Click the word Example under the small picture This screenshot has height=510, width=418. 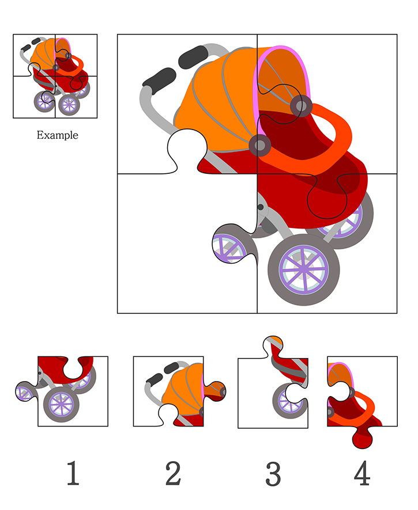(57, 135)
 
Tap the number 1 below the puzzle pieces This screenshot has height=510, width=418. (73, 473)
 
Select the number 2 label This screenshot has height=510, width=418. (173, 473)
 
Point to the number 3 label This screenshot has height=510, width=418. (273, 474)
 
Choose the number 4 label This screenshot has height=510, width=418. (362, 473)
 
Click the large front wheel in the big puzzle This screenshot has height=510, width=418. (304, 269)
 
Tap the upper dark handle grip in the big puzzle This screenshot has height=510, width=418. (194, 57)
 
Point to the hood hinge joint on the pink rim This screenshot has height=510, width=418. (301, 106)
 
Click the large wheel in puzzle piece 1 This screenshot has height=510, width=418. (61, 404)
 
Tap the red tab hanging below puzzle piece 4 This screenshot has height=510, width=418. (362, 438)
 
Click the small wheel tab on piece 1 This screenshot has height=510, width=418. (26, 391)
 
